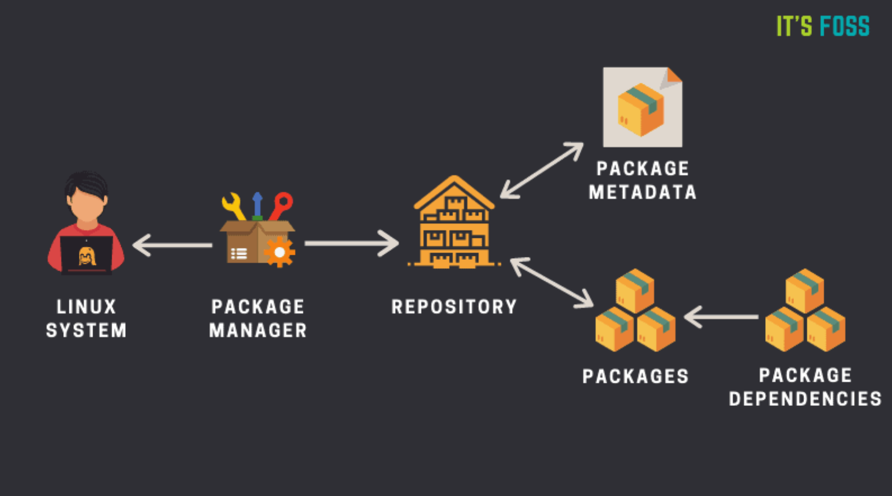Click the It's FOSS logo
pos(823,26)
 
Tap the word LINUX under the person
pos(86,307)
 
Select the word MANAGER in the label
pos(258,330)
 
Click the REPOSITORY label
pos(454,307)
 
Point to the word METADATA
pos(643,192)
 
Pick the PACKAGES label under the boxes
pos(635,377)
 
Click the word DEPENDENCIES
pos(805,399)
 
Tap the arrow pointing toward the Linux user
pos(171,245)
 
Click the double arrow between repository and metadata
pos(542,170)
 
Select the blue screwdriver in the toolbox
pos(258,205)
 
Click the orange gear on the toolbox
pos(279,252)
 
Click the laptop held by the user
pos(86,255)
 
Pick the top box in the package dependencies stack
pos(805,290)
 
